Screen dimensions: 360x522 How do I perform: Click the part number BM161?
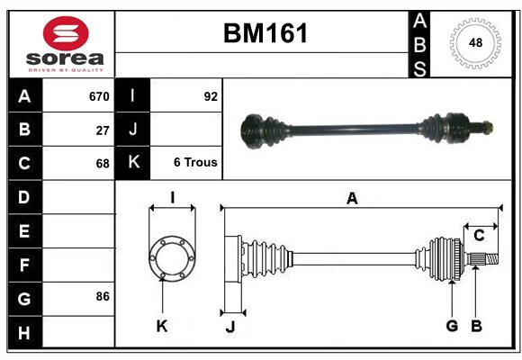[265, 33]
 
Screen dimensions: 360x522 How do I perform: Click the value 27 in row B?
[103, 130]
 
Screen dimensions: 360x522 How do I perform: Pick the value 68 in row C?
[103, 164]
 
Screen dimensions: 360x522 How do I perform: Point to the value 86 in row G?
[103, 296]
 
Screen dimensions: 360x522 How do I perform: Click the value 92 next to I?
[211, 96]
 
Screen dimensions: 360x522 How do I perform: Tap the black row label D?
[24, 196]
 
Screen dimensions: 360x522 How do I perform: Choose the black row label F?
[24, 265]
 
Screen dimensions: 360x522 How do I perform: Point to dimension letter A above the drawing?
[352, 199]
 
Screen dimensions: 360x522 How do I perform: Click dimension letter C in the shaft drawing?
[480, 235]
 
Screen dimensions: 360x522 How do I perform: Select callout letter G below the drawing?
[452, 326]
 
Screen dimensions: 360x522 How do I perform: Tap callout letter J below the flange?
[230, 327]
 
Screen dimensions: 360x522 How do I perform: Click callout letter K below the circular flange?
[162, 326]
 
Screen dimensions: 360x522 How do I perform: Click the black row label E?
[24, 230]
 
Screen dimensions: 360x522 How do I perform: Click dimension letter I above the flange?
[171, 198]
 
